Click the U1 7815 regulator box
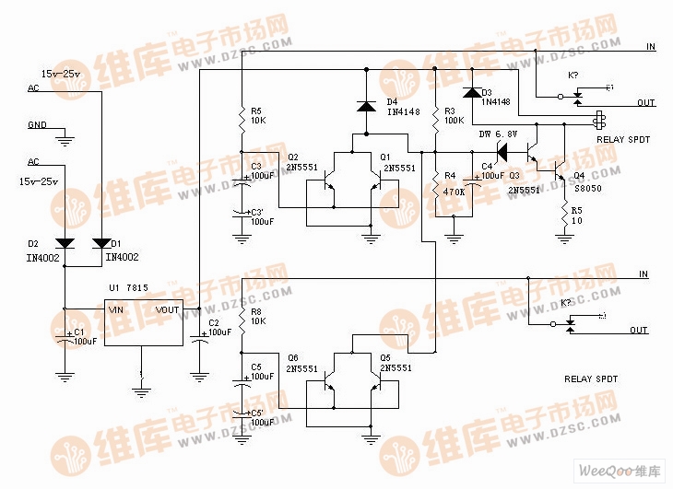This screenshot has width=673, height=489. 143,322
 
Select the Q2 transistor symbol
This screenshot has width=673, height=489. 329,186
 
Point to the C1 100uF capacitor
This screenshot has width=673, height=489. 65,337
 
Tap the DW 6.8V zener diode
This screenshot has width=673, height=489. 503,148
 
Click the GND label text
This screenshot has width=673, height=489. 37,124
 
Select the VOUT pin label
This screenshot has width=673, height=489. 168,310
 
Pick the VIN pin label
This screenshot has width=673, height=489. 116,310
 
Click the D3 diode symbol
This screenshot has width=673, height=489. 472,92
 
